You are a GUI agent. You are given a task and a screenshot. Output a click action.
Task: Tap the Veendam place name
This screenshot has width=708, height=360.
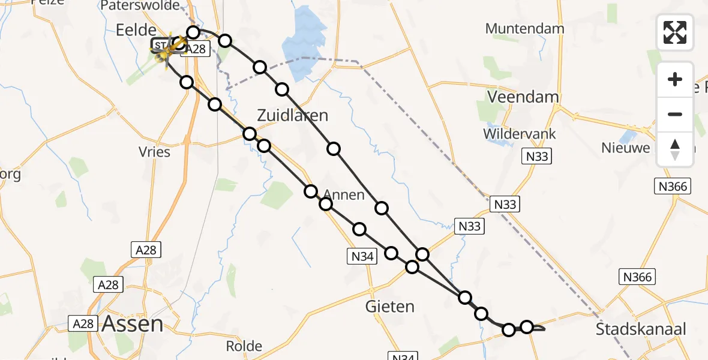pyautogui.click(x=515, y=97)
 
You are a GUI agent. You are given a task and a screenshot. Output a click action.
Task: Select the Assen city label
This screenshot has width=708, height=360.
pyautogui.click(x=133, y=324)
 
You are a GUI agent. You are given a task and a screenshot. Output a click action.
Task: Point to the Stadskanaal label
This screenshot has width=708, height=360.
pyautogui.click(x=641, y=329)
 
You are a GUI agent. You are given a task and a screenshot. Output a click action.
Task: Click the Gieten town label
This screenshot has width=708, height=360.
pyautogui.click(x=390, y=307)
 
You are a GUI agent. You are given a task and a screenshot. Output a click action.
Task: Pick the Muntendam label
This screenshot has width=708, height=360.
pyautogui.click(x=524, y=28)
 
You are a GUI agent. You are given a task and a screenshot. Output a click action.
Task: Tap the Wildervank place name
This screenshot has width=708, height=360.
pyautogui.click(x=520, y=134)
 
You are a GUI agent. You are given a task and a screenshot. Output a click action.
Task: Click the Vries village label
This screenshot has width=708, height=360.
pyautogui.click(x=154, y=152)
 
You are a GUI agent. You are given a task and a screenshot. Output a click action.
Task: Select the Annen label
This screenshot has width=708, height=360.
pyautogui.click(x=344, y=194)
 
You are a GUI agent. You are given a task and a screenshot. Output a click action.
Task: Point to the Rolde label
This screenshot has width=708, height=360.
pyautogui.click(x=244, y=346)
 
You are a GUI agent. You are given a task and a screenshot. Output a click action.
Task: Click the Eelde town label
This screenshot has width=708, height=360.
pyautogui.click(x=137, y=30)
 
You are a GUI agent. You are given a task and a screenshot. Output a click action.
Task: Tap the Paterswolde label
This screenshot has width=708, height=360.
pyautogui.click(x=140, y=6)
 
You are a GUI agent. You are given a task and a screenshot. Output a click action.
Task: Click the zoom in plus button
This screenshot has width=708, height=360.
pyautogui.click(x=675, y=79)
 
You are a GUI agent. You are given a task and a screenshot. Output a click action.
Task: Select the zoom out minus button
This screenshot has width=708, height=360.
pyautogui.click(x=675, y=114)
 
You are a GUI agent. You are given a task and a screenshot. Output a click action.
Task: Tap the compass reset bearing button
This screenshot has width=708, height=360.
pyautogui.click(x=675, y=149)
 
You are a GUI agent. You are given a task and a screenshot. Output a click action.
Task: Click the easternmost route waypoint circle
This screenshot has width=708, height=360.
pyautogui.click(x=527, y=326)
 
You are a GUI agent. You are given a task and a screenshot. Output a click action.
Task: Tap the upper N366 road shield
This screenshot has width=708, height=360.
pyautogui.click(x=673, y=187)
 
